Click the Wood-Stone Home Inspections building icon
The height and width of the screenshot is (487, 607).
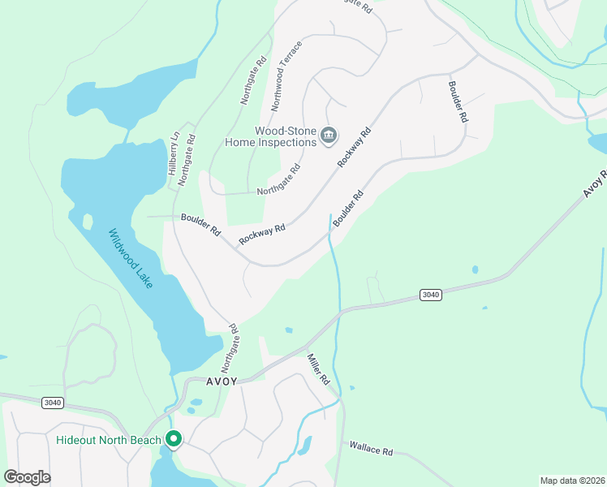329,135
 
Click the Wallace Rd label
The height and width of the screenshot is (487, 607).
371,446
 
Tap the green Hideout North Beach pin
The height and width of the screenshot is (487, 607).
174,439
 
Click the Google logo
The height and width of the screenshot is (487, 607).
27,477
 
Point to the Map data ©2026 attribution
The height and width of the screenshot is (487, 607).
572,481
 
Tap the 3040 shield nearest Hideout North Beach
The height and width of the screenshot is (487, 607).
53,402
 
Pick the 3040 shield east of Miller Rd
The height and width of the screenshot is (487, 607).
431,295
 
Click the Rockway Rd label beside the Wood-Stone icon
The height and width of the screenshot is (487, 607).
355,147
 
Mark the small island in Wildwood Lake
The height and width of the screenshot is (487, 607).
88,221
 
